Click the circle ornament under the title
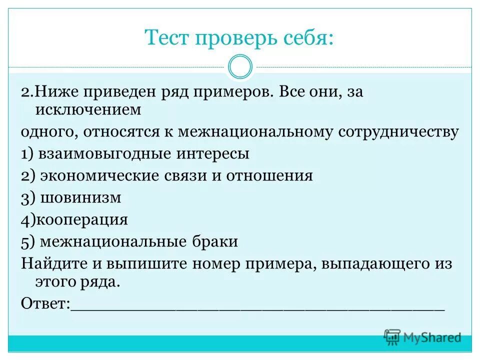click(239, 67)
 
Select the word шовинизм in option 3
click(81, 198)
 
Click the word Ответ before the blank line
click(45, 303)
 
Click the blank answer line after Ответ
click(257, 306)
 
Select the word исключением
click(88, 109)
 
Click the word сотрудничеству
click(398, 132)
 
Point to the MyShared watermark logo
click(423, 337)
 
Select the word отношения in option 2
click(269, 176)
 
